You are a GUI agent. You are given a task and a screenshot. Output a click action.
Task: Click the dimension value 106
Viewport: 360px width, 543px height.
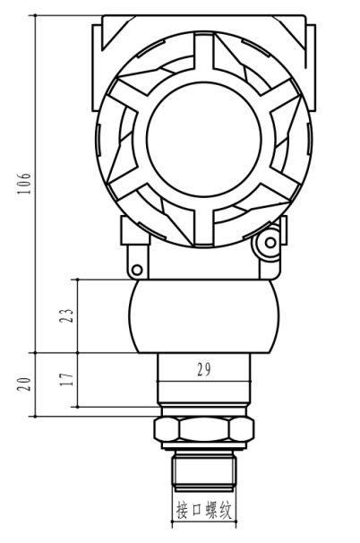click(x=24, y=183)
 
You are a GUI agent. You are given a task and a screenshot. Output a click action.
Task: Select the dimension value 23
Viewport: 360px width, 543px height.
click(x=66, y=315)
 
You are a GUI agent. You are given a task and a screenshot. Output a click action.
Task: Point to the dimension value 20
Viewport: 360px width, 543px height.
click(x=24, y=384)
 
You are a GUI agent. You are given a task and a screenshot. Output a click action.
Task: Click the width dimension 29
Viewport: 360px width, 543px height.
click(x=204, y=369)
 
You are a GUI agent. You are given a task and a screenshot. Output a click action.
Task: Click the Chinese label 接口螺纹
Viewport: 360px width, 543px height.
click(x=204, y=510)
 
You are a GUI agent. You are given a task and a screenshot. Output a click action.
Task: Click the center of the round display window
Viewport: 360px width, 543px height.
click(x=204, y=140)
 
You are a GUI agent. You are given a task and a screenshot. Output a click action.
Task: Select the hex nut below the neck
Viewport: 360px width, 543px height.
click(x=204, y=428)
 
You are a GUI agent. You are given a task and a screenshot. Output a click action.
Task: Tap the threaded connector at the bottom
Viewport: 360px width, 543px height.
click(x=204, y=471)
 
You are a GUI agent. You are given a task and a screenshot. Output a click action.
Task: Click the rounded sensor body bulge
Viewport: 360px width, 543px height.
click(x=204, y=316)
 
